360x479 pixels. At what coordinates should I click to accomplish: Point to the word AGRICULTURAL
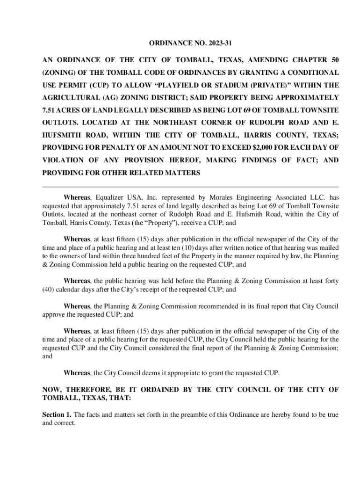click(74, 98)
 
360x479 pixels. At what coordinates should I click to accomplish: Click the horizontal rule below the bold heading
click(190, 187)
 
